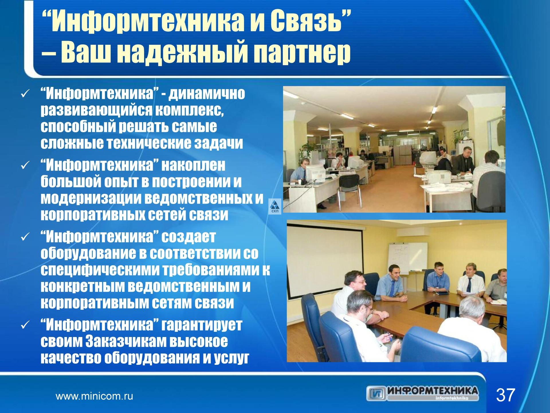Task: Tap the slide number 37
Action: pos(505,395)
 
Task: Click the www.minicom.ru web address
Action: pos(94,397)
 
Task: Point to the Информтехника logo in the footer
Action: pos(423,393)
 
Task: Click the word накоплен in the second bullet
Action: pos(194,165)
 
